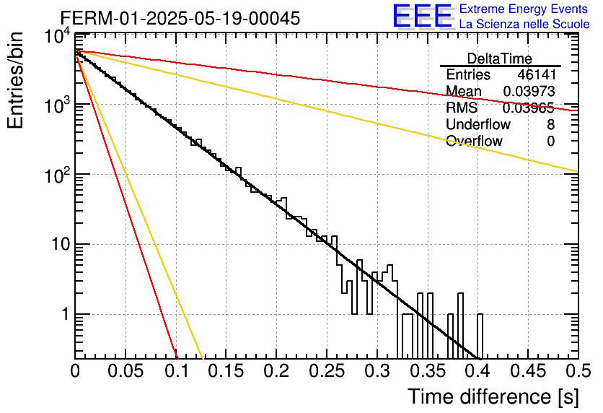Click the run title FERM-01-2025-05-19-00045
180,18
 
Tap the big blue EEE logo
422,16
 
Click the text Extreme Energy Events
524,9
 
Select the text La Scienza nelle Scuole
524,24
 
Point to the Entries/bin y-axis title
15,80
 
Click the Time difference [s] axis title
493,396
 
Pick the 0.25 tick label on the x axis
326,371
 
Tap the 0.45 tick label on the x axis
528,371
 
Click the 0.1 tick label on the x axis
177,371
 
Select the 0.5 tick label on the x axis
578,371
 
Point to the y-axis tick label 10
61,245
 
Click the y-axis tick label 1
66,314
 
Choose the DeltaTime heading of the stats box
500,58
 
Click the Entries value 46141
537,74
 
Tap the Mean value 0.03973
529,92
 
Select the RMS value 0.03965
529,108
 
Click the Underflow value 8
550,125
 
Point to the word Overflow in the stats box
474,142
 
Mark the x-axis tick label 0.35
427,371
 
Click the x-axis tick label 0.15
226,371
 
